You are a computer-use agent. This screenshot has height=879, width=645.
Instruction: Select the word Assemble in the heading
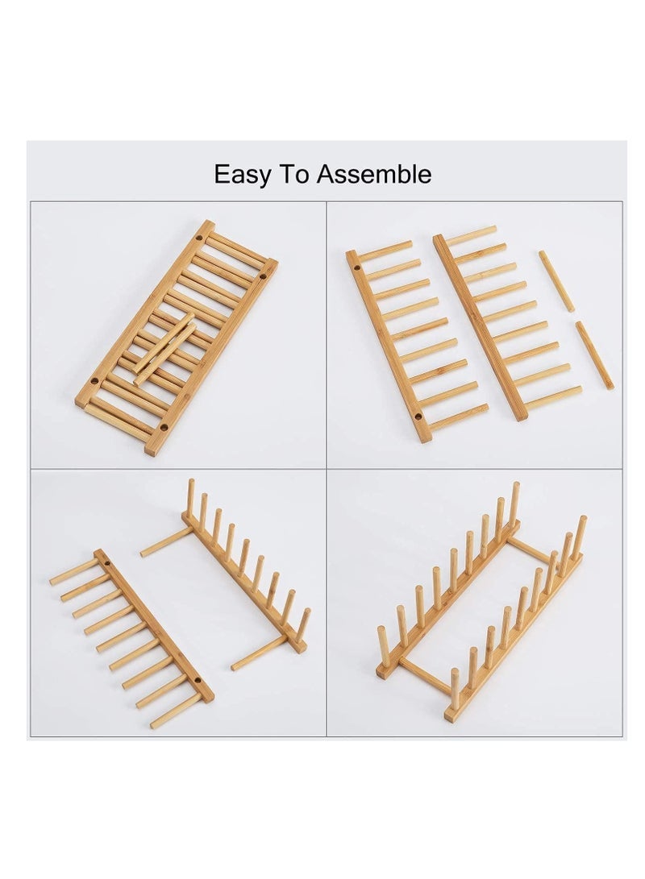pyautogui.click(x=373, y=175)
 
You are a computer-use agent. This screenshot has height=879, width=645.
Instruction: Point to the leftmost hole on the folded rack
pyautogui.click(x=95, y=379)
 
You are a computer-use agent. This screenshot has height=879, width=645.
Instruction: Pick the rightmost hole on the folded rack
pyautogui.click(x=262, y=276)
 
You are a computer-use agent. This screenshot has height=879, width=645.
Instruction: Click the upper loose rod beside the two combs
pyautogui.click(x=556, y=280)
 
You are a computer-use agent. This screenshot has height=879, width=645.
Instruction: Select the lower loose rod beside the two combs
pyautogui.click(x=594, y=355)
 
